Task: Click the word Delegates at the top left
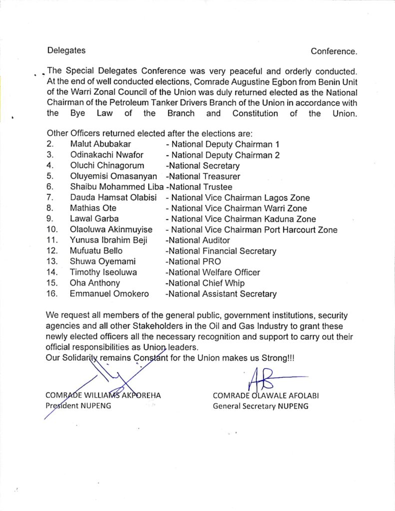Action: [66, 50]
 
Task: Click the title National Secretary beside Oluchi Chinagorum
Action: [203, 166]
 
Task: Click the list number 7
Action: [50, 198]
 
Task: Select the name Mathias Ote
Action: [93, 209]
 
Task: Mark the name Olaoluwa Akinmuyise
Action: [111, 230]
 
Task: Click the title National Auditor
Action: [198, 241]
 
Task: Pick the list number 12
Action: [52, 251]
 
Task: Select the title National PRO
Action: [193, 262]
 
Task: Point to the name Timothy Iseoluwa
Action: [103, 272]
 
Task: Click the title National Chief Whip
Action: [205, 283]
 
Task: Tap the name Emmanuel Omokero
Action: [109, 294]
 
